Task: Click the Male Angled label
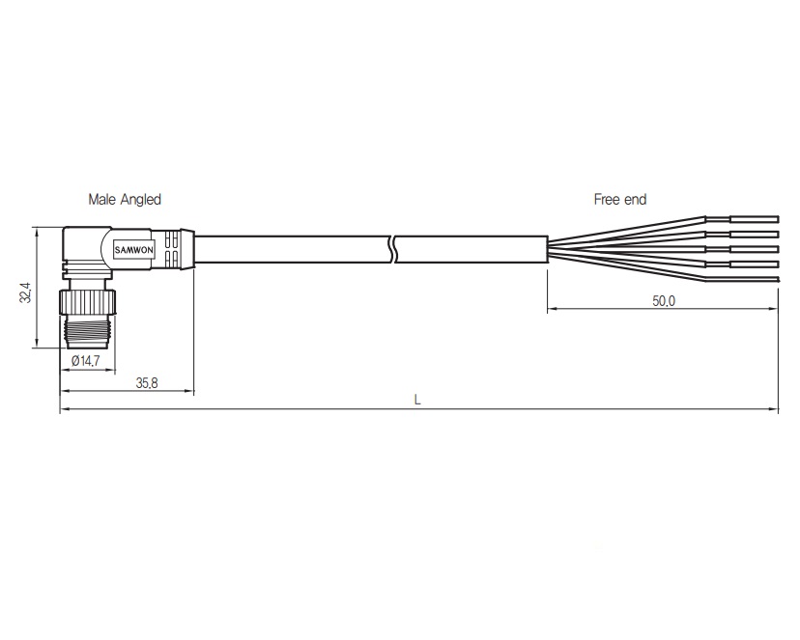125,199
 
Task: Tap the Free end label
620,199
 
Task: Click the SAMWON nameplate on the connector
133,250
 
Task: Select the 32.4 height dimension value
25,292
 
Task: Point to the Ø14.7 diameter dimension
86,361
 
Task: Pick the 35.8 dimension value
147,382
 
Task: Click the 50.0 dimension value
663,301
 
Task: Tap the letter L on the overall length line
417,400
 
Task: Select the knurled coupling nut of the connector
88,302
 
